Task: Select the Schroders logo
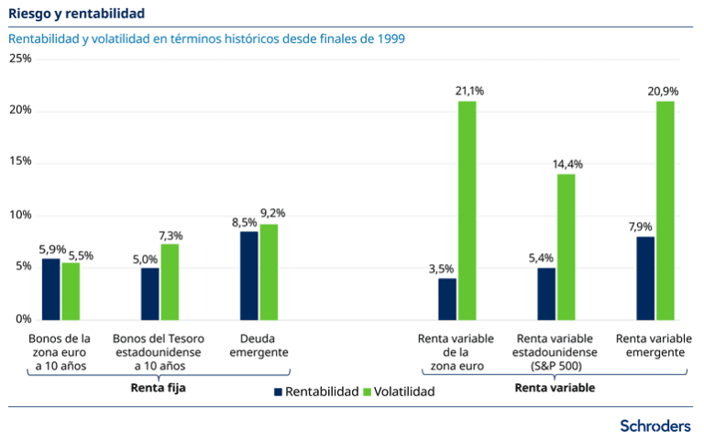[655, 425]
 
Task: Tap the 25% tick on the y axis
[20, 59]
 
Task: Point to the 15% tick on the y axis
[20, 161]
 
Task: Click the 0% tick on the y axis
[24, 319]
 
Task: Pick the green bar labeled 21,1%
[467, 210]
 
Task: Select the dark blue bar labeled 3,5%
[447, 298]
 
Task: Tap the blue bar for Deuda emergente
[248, 275]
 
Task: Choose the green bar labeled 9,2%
[269, 271]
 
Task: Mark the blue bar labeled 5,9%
[50, 289]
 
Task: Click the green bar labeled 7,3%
[170, 281]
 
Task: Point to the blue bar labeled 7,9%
[645, 278]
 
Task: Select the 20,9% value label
[665, 92]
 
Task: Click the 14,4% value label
[567, 164]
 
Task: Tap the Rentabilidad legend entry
[315, 391]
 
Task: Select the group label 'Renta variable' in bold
[555, 387]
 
